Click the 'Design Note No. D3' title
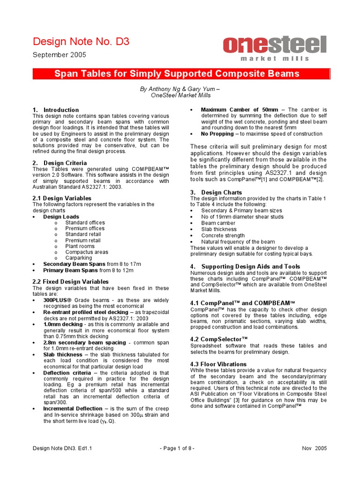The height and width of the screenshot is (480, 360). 81,42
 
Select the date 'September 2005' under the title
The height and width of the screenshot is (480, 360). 59,55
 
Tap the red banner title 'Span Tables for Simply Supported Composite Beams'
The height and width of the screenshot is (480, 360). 177,74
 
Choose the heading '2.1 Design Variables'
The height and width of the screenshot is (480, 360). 62,198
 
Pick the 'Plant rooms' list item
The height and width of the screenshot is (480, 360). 80,246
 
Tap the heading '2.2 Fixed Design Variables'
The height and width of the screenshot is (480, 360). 70,282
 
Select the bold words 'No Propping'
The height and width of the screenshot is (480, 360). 217,134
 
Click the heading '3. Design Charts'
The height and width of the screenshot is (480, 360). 216,192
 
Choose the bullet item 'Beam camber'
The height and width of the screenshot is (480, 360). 218,223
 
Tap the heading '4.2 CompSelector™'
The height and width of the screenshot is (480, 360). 219,338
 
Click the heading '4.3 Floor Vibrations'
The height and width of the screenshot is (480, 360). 218,364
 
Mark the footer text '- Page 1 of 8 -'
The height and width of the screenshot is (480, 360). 177,448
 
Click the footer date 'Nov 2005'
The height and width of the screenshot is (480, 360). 315,448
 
